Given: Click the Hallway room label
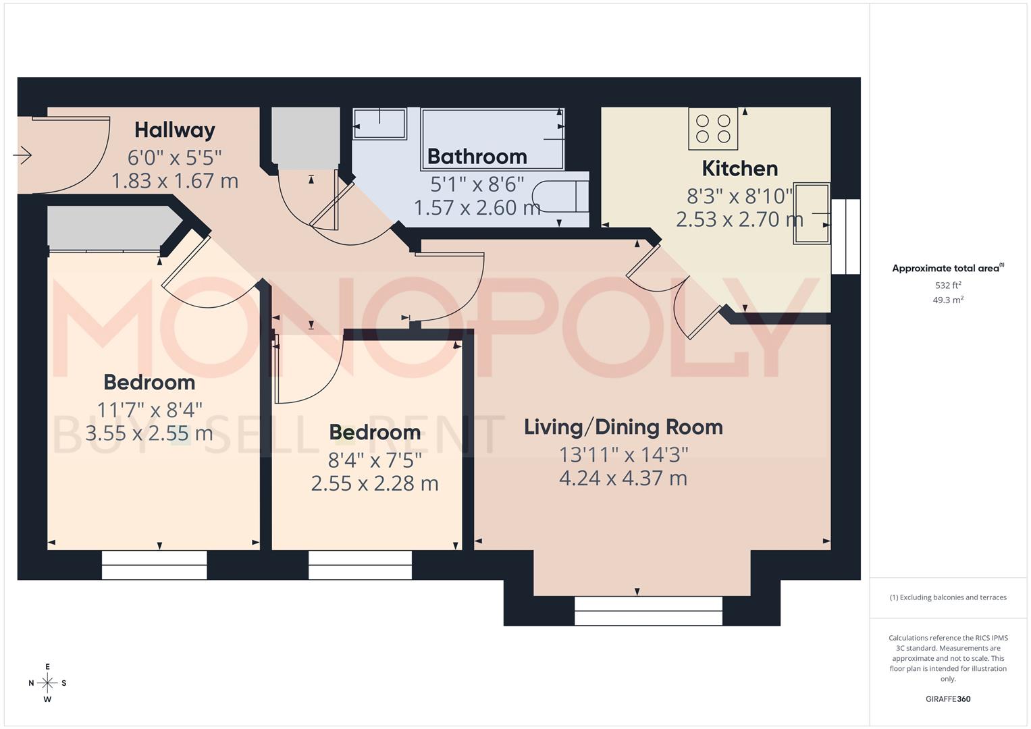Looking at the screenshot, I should [x=174, y=130].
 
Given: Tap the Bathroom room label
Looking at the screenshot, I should [x=477, y=157].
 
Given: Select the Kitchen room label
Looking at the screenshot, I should [x=739, y=168].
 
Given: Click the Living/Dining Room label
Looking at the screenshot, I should [x=623, y=427].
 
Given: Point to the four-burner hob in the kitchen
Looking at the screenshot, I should [x=713, y=128].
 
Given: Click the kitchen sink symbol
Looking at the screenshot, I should [x=811, y=213].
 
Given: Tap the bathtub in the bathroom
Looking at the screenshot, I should [x=492, y=138].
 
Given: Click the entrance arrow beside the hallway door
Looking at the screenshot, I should [x=22, y=155].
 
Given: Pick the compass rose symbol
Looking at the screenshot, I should [x=47, y=683].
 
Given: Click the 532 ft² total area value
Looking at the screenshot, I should [x=948, y=286].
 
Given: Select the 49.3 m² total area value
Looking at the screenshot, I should [x=948, y=300].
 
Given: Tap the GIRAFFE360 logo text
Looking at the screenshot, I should [x=947, y=699].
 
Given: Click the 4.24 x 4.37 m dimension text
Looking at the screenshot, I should [x=623, y=479].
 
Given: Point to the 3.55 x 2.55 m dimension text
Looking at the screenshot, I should [x=149, y=433].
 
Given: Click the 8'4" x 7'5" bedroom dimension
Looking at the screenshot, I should [x=375, y=460].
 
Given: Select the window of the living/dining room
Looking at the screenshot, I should [x=648, y=611].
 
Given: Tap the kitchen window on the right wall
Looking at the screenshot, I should [x=845, y=236].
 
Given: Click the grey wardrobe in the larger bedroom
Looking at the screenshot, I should [x=108, y=228].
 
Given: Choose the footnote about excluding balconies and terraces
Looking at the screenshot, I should [x=948, y=597].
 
